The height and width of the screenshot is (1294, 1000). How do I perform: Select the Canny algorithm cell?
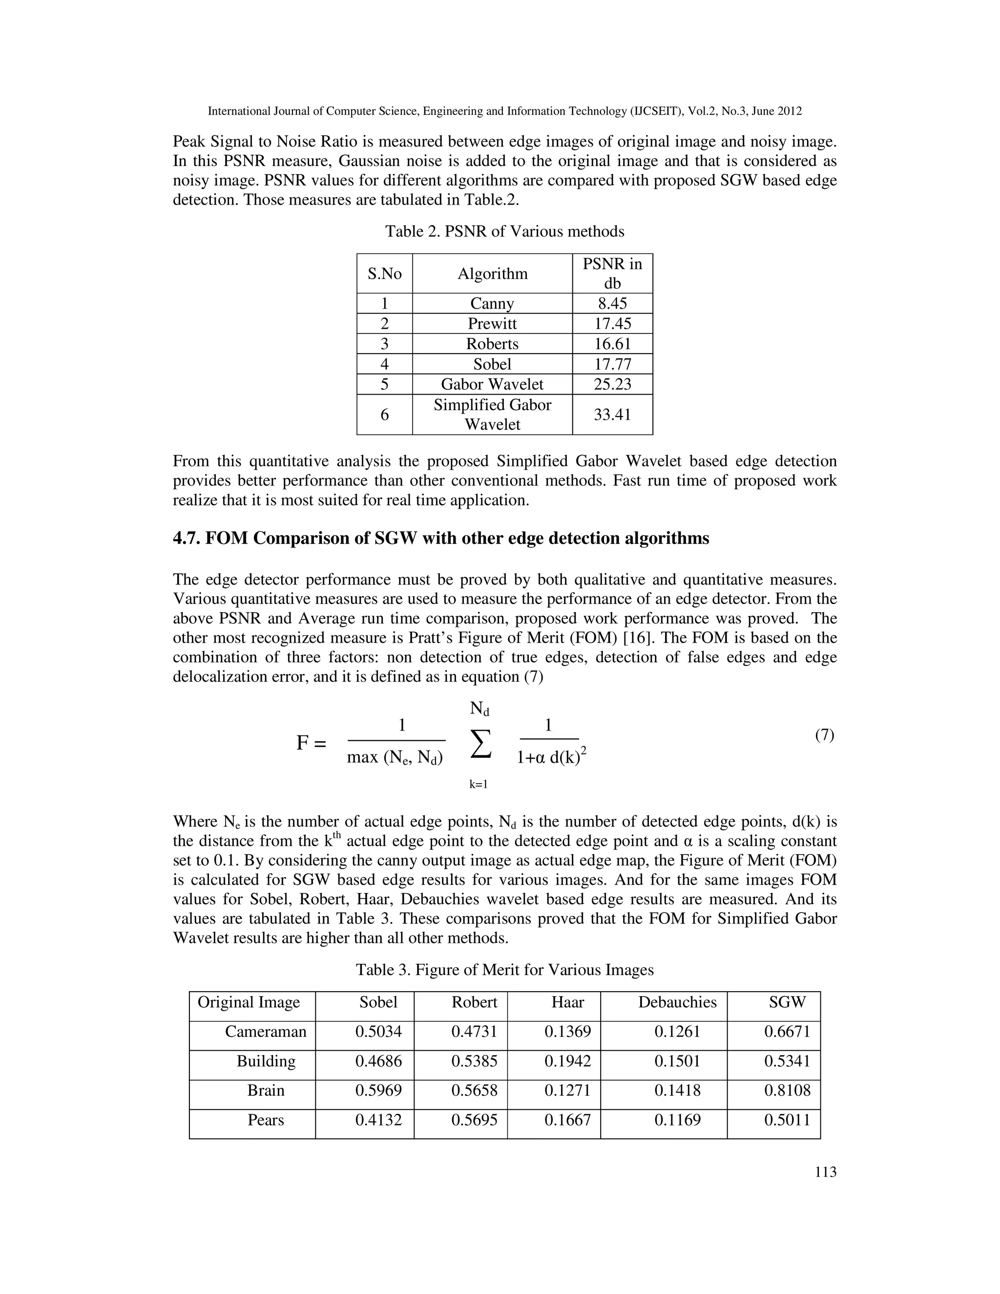coord(492,303)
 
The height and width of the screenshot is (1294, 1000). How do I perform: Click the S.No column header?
coord(384,274)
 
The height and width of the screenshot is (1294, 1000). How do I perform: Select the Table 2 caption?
coord(505,231)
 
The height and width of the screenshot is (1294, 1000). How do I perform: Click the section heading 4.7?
coord(441,538)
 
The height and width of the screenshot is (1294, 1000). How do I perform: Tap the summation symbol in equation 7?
coord(480,744)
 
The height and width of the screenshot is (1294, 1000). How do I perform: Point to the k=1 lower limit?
coord(478,785)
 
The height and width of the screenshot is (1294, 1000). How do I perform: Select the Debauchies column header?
coord(677,1002)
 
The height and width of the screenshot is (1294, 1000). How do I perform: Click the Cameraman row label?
coord(266,1031)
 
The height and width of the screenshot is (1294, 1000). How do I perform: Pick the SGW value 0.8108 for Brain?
coord(787,1090)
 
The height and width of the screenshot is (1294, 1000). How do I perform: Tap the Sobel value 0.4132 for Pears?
coord(378,1120)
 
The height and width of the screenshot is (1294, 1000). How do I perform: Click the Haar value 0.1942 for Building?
coord(567,1061)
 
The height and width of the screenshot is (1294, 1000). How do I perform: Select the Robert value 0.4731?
coord(474,1031)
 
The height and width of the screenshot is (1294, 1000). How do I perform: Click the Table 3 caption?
coord(505,970)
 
